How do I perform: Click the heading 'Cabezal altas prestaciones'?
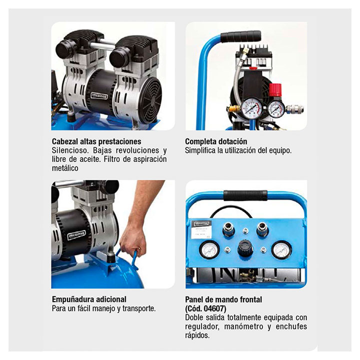(96, 141)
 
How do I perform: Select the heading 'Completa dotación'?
(216, 141)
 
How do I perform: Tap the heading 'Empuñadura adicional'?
(89, 299)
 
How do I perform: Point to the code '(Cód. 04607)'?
(205, 308)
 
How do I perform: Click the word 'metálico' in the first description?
(65, 168)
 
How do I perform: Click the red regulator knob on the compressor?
(275, 90)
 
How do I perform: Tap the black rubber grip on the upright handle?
(241, 36)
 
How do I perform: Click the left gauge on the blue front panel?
(209, 249)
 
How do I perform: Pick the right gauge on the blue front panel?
(281, 249)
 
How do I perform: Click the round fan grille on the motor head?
(150, 97)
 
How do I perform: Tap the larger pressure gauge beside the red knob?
(252, 108)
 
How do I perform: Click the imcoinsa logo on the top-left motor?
(98, 96)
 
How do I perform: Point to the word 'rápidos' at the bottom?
(197, 335)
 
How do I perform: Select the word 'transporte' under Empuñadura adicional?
(138, 308)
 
